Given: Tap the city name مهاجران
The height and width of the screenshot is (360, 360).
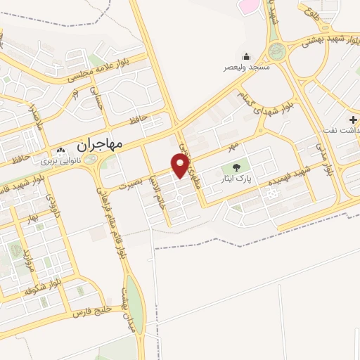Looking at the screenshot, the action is (96, 143).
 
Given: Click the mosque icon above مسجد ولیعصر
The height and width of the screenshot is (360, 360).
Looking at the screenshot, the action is (247, 57).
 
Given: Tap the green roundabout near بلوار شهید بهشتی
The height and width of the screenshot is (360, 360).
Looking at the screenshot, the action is (277, 51).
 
